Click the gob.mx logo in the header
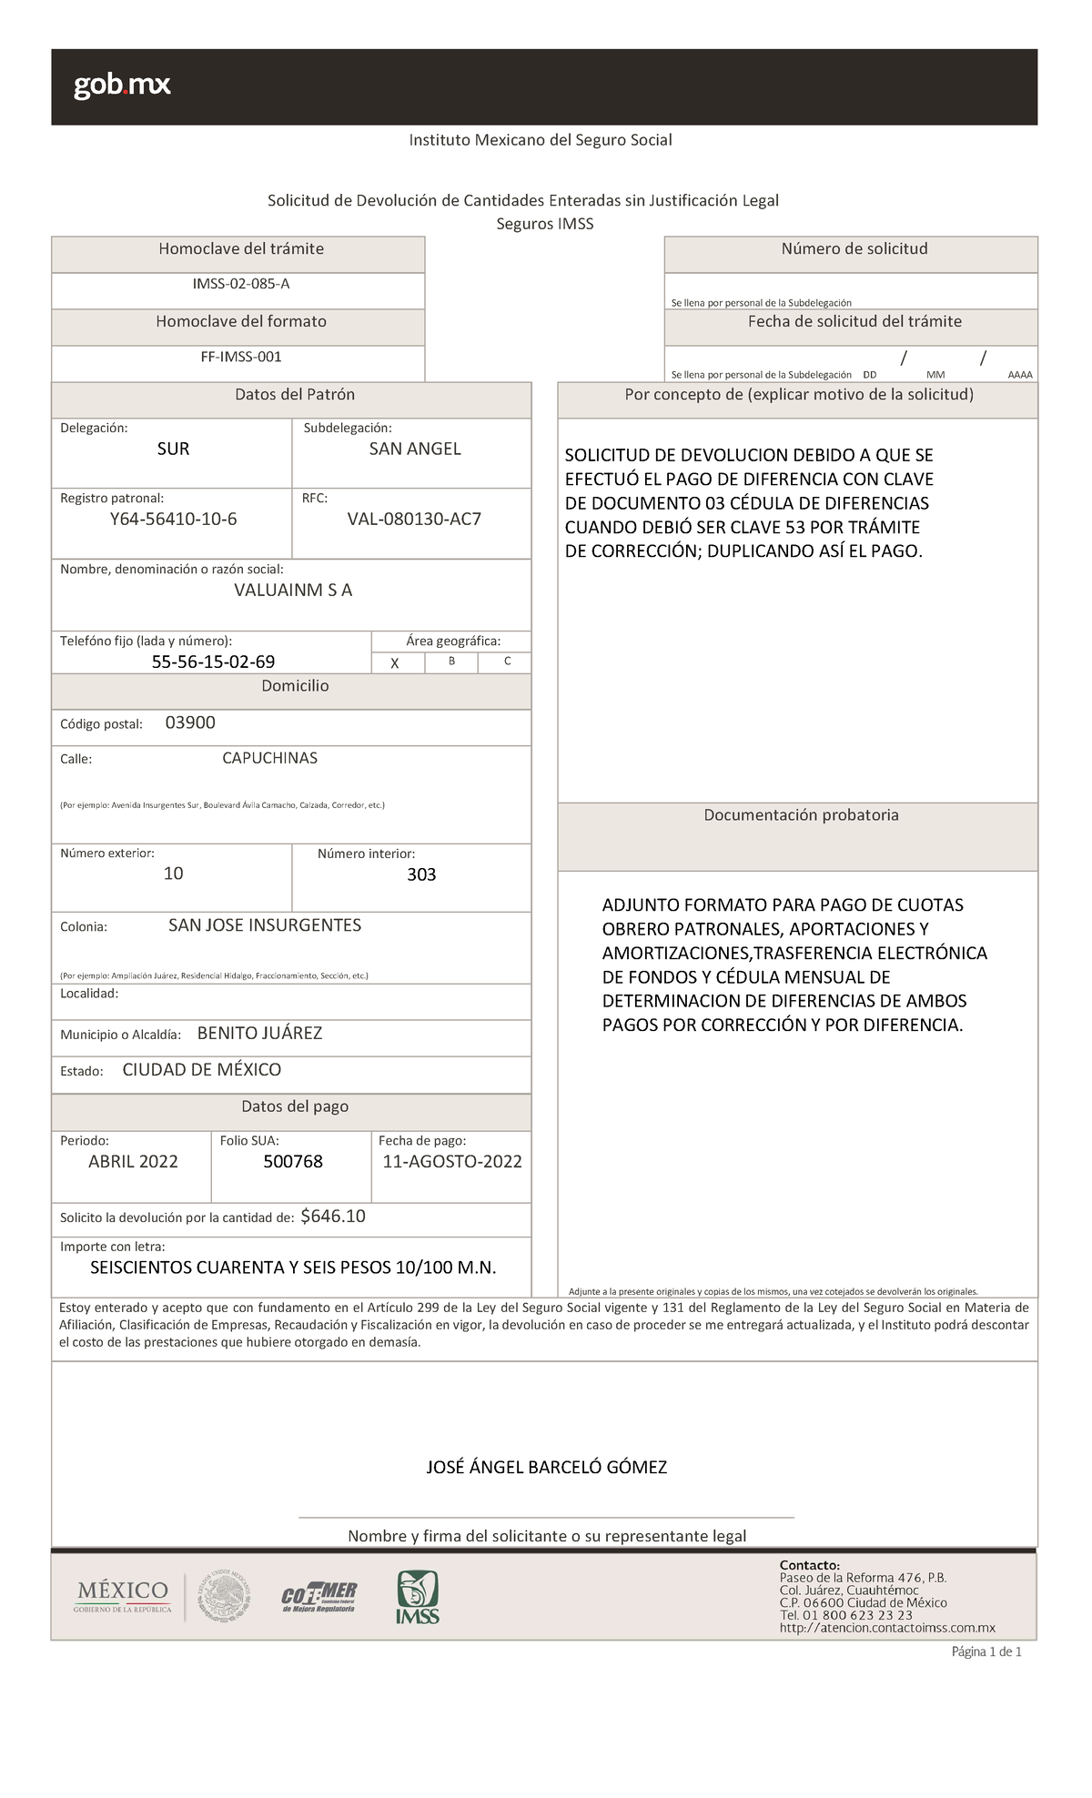[x=122, y=86]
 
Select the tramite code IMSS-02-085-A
[x=240, y=284]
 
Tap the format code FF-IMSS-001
[x=241, y=357]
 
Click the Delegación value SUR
[x=173, y=449]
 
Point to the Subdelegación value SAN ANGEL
[x=415, y=449]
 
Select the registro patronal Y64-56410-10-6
[x=173, y=520]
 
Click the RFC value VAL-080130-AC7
[x=414, y=520]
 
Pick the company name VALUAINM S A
[x=293, y=590]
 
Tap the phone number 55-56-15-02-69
[x=213, y=662]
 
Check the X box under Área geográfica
[x=395, y=663]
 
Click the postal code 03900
[x=190, y=722]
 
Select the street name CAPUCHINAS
[x=269, y=758]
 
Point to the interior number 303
[x=421, y=874]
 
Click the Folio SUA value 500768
[x=293, y=1162]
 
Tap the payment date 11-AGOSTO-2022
[x=452, y=1162]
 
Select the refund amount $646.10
[x=333, y=1217]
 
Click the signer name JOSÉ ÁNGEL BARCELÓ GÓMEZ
[x=547, y=1468]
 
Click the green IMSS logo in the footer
[x=417, y=1598]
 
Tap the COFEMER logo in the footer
[x=318, y=1597]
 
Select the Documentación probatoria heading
[x=801, y=815]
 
